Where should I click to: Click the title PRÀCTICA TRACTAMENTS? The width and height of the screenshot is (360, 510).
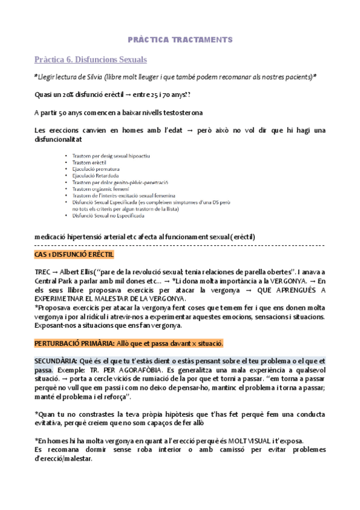pyautogui.click(x=180, y=39)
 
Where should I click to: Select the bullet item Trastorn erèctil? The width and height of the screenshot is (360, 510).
pyautogui.click(x=91, y=162)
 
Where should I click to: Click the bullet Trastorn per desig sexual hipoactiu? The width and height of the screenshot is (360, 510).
pyautogui.click(x=111, y=156)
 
